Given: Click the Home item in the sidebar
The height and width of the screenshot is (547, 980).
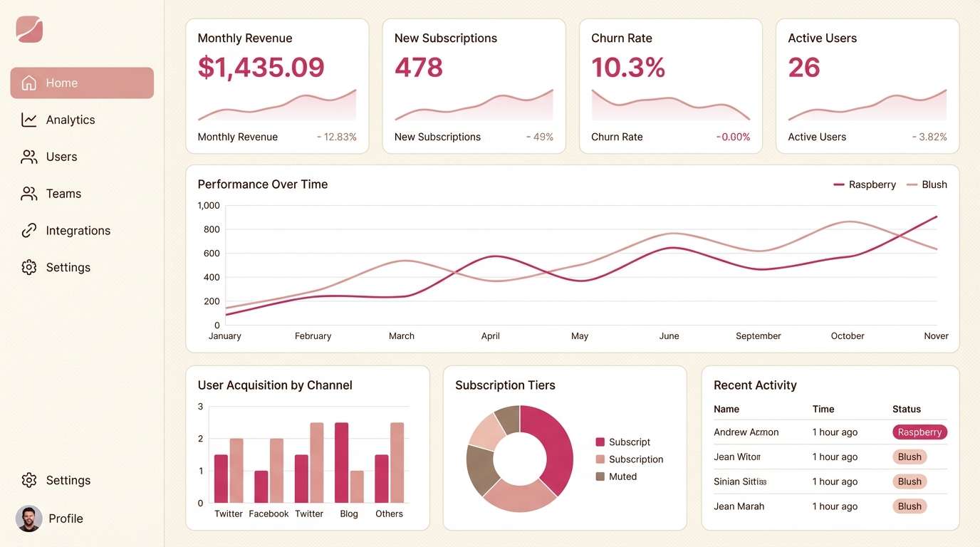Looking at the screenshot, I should (82, 83).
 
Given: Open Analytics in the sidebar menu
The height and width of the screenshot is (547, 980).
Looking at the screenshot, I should (70, 120).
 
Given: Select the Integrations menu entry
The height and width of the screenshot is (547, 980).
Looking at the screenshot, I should (78, 231).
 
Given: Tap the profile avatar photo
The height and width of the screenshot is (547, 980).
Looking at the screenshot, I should (28, 519).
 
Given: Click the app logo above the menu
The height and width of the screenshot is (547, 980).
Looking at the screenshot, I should (29, 29).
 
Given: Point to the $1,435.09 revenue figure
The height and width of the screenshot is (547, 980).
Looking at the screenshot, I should (261, 68).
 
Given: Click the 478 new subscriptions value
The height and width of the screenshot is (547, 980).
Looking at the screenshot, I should (419, 68).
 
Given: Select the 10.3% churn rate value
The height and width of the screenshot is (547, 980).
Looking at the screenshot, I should (628, 68).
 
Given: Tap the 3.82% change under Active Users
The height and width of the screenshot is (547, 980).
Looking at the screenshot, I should (930, 137).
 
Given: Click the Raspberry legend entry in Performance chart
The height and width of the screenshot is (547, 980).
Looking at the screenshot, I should (865, 184).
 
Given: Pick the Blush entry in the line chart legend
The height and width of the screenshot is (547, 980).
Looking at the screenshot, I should (927, 184).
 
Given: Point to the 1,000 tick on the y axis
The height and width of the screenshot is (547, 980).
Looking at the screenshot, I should (209, 205).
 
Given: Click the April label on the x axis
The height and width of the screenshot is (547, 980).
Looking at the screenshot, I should (490, 336).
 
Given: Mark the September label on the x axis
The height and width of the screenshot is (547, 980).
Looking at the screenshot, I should (758, 336).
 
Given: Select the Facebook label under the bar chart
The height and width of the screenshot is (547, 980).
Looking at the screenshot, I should (269, 514).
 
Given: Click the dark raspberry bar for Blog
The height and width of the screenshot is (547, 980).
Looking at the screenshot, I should (342, 462).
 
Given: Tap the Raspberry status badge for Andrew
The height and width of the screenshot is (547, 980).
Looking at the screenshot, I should (919, 432).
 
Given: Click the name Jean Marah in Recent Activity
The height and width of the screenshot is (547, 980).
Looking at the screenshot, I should (739, 506).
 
